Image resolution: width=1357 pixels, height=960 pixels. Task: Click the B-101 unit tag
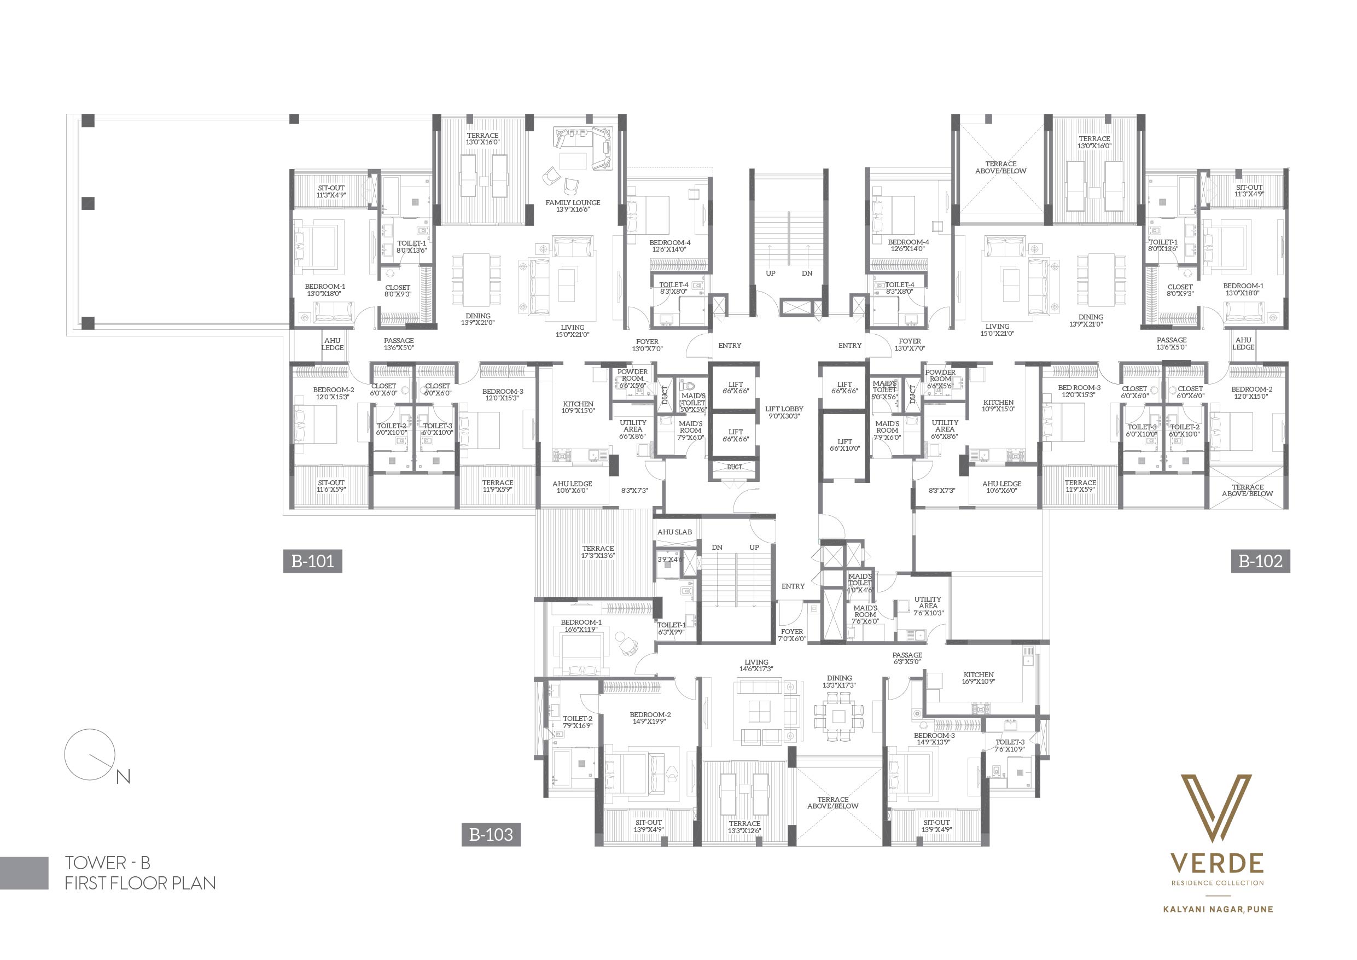(313, 561)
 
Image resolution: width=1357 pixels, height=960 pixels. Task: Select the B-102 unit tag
(1261, 561)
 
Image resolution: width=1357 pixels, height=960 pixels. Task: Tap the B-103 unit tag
(491, 834)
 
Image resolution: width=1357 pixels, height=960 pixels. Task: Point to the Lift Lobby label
(784, 412)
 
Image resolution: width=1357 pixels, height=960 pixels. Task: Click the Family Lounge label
(573, 206)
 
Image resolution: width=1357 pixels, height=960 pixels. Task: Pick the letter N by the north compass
(123, 777)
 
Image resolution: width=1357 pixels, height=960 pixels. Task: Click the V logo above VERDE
(1216, 808)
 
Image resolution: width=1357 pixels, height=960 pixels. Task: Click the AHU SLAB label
(674, 532)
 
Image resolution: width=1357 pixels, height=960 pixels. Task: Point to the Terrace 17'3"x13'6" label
(598, 552)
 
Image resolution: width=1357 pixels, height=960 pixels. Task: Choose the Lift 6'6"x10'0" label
(845, 445)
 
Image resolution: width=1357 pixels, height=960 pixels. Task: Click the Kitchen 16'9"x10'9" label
(979, 678)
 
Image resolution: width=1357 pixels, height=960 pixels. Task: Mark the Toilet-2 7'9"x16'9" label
(578, 722)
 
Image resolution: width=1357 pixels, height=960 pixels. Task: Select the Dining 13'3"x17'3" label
(839, 682)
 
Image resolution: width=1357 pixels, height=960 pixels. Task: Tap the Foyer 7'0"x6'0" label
(792, 635)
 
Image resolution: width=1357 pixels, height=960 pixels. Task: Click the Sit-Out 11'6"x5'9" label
(331, 486)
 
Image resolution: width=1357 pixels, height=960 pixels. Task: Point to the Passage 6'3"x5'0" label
(907, 659)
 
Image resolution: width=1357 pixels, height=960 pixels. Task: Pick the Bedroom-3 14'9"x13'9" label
(934, 739)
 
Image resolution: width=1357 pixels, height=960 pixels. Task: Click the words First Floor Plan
(140, 883)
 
